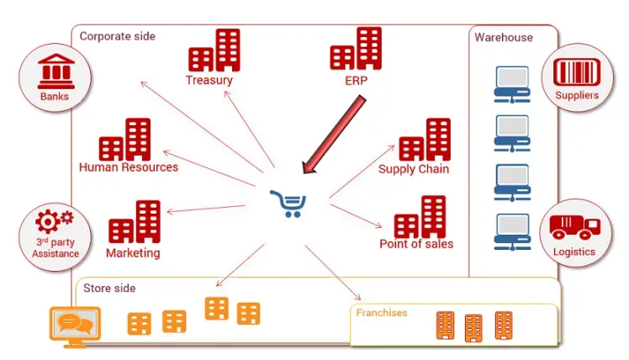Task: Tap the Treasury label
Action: click(209, 81)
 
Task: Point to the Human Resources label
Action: click(129, 167)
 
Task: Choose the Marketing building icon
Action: click(135, 223)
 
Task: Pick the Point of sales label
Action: click(416, 245)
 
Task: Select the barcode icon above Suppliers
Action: click(577, 71)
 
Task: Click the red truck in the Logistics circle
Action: click(574, 227)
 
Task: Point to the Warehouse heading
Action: click(504, 38)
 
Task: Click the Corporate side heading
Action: click(118, 36)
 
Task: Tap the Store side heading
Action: click(109, 289)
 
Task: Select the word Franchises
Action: click(382, 313)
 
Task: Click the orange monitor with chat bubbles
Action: click(76, 324)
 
